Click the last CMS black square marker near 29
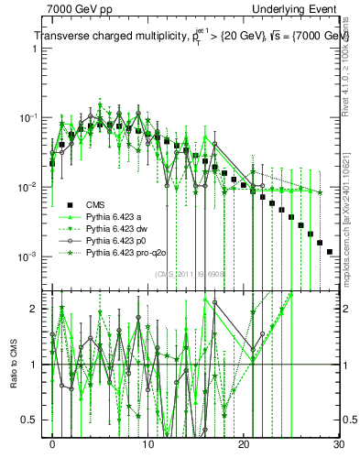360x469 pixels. pos(329,251)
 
